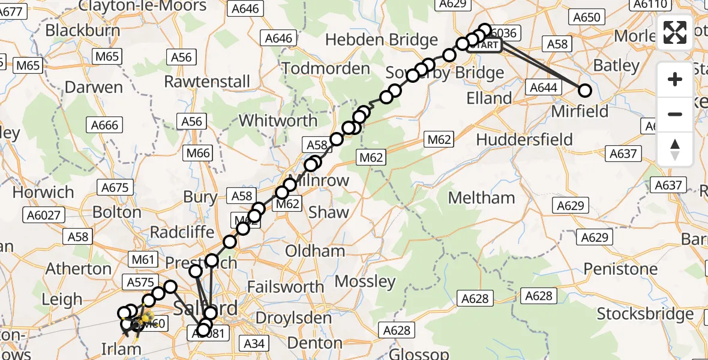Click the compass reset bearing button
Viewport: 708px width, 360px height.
[x=675, y=149]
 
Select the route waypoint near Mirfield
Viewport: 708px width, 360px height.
[x=584, y=91]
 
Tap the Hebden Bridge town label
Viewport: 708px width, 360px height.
[x=382, y=40]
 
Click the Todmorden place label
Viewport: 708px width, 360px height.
[x=326, y=68]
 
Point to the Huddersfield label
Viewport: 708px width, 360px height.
[x=524, y=139]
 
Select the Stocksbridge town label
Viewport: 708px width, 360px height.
[x=645, y=314]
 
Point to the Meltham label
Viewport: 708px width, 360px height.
[x=481, y=197]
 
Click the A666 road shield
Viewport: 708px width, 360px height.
[x=104, y=125]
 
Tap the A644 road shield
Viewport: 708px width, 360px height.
[x=544, y=88]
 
